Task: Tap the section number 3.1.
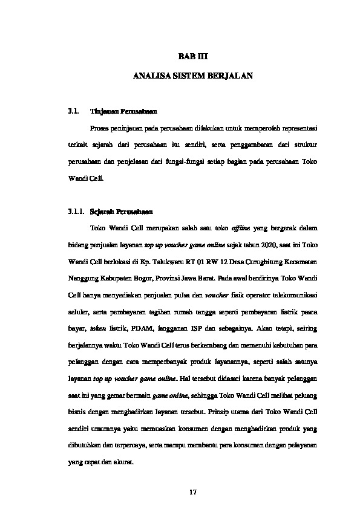pos(74,112)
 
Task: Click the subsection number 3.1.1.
pos(76,212)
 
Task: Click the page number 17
pos(193,491)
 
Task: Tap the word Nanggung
pos(82,280)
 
